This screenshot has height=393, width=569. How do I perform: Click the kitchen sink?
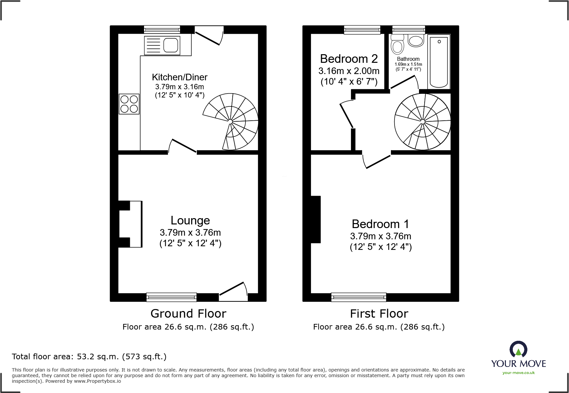tap(162, 45)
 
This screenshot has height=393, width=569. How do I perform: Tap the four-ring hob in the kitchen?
tap(129, 104)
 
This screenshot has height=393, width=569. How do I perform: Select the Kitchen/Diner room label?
tap(179, 77)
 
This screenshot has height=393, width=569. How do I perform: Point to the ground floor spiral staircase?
tap(231, 122)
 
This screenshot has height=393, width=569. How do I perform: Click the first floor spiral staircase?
tap(422, 122)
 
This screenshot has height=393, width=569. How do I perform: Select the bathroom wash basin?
tap(416, 41)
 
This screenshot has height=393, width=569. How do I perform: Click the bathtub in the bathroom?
tap(439, 62)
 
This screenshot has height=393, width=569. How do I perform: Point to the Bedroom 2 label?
tap(349, 59)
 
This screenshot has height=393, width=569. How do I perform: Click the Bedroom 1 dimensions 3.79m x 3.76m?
tap(381, 236)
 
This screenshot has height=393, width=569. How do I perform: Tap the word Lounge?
tap(190, 220)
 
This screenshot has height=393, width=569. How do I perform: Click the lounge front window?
tap(171, 297)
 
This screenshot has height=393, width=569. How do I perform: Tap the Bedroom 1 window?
tap(359, 297)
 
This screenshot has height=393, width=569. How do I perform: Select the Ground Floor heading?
tap(188, 313)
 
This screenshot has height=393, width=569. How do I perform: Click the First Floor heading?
tap(379, 313)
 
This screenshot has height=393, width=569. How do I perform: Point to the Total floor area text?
tap(89, 357)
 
